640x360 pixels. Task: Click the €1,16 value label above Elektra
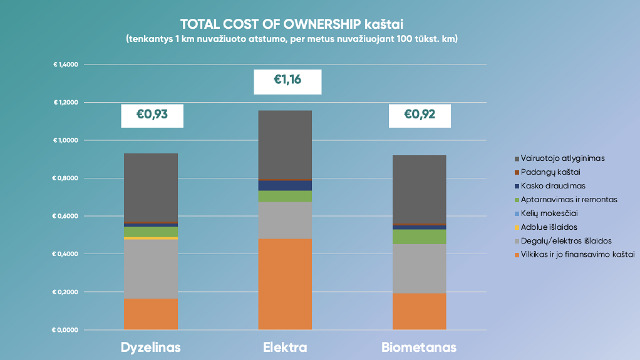[287, 81]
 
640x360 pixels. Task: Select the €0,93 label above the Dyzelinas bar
[152, 115]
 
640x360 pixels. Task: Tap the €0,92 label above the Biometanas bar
[420, 115]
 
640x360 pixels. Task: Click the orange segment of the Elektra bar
[285, 284]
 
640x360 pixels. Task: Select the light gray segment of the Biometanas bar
[420, 268]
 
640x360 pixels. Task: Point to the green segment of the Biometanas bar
[420, 237]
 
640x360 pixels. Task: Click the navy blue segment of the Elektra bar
[285, 185]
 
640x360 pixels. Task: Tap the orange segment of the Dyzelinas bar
[150, 314]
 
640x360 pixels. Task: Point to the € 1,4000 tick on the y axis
[66, 64]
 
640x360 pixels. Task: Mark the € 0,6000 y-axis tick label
[66, 216]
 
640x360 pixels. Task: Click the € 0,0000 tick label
[66, 330]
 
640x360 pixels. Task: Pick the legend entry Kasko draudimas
[552, 186]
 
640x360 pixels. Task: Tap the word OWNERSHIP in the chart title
[319, 24]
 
